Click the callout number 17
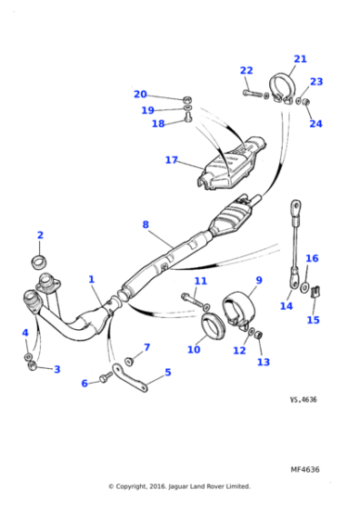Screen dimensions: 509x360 [171, 160]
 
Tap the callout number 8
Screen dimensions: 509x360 [145, 224]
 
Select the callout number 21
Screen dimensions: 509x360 [300, 58]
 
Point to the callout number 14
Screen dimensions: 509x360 [286, 306]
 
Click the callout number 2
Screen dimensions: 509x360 [39, 235]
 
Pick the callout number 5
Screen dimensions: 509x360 [167, 372]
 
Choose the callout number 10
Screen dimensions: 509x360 [193, 349]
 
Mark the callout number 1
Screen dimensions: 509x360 [91, 279]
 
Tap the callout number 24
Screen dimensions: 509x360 [315, 124]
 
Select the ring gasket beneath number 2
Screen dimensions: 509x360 [39, 263]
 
